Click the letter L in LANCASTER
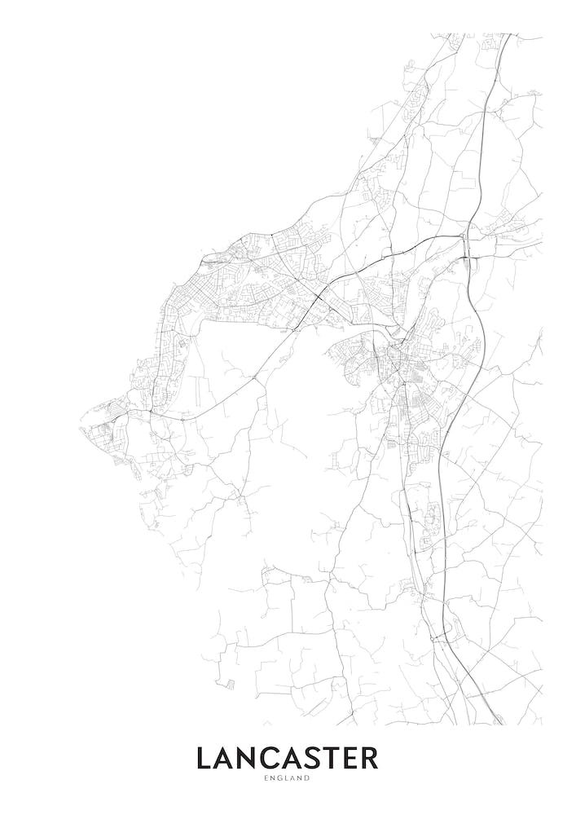pyautogui.click(x=204, y=759)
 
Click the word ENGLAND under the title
pyautogui.click(x=288, y=778)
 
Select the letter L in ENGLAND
pyautogui.click(x=287, y=778)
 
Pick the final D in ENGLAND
pyautogui.click(x=309, y=778)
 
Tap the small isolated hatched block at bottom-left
pyautogui.click(x=231, y=682)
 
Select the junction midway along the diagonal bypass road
pyautogui.click(x=255, y=378)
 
